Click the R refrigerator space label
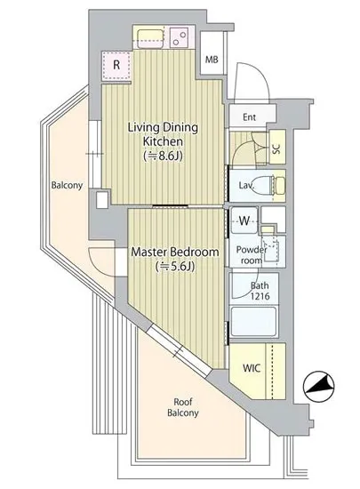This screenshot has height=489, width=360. point(116,65)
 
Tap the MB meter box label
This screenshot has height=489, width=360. point(212,60)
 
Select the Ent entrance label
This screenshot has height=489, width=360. point(250,117)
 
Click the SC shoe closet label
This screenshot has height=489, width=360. point(276,148)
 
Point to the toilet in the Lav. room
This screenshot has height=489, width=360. point(271,185)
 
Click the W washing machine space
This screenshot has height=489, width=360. point(244,220)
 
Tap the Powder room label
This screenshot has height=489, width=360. point(252,255)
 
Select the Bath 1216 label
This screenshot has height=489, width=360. point(260,291)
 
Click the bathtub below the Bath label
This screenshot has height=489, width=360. point(254,322)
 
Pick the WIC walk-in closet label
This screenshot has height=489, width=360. point(252,368)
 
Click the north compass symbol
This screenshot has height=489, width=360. point(318,387)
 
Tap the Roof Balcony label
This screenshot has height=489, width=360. point(183,407)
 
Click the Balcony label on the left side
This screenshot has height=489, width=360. point(67,186)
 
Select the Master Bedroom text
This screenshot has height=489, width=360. point(175,252)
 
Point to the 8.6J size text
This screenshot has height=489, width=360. point(163,156)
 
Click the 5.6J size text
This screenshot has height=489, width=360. point(175,267)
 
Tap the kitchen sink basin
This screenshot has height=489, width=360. point(150,39)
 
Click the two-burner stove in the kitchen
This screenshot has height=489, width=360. point(180,37)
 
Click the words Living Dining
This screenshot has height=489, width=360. point(164,128)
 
